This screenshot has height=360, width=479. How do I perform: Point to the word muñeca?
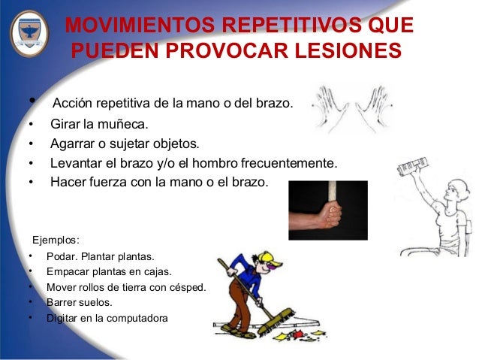pyautogui.click(x=123, y=123)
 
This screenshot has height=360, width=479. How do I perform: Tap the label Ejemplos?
pyautogui.click(x=55, y=241)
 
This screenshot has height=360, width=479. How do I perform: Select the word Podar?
pyautogui.click(x=62, y=257)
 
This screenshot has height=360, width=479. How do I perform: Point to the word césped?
pyautogui.click(x=187, y=287)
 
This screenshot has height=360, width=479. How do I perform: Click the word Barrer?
pyautogui.click(x=63, y=302)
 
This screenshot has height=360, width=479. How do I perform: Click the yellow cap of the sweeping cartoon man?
pyautogui.click(x=274, y=259)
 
